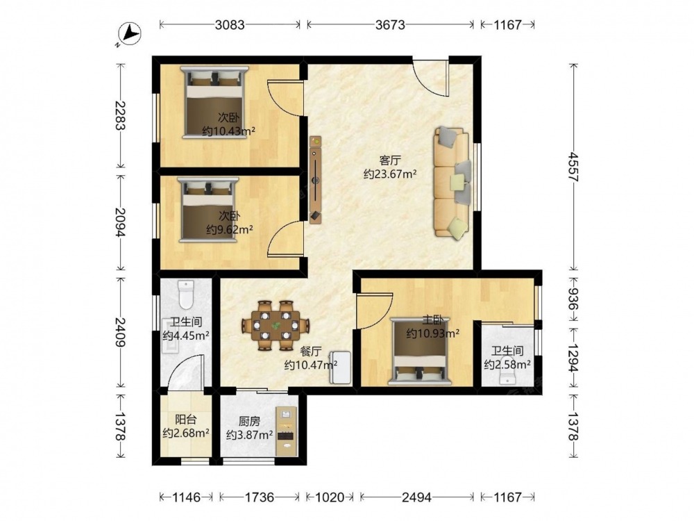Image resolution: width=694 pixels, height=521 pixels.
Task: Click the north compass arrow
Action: [131, 33]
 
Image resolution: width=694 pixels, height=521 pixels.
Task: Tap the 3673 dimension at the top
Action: [390, 25]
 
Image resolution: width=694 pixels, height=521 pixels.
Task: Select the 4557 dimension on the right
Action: [574, 167]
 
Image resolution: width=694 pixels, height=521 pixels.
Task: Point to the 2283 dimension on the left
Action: [119, 115]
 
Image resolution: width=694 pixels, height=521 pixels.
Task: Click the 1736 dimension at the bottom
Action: [260, 497]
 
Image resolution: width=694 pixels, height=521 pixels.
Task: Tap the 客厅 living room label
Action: [390, 160]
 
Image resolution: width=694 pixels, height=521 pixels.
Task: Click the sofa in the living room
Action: [452, 183]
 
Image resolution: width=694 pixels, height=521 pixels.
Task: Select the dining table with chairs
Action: [276, 326]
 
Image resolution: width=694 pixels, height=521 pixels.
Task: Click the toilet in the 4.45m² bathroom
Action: [186, 294]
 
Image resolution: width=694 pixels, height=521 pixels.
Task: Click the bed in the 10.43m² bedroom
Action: [214, 102]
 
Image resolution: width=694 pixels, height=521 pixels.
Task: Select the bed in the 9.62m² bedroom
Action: [208, 210]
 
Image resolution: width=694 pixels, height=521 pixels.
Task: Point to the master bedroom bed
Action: [420, 351]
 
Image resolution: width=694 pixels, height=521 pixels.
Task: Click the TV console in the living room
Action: [316, 180]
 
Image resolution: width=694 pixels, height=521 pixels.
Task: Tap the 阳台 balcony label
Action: [185, 419]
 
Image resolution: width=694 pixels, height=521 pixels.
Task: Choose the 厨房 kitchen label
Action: [249, 422]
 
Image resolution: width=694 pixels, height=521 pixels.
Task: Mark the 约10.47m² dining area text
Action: [311, 365]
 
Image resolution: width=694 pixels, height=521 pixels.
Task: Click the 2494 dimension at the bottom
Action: [416, 497]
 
